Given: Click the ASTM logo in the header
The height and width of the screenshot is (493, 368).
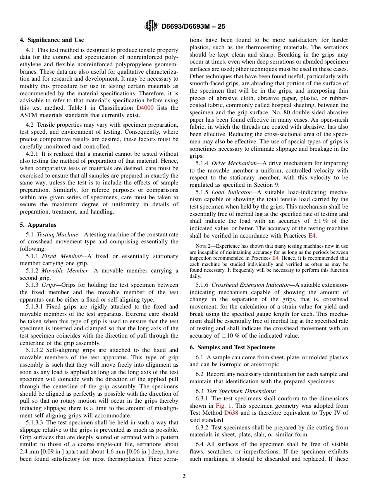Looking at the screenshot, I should [151, 26].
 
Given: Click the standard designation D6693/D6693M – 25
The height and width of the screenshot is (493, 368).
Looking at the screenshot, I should [193, 26].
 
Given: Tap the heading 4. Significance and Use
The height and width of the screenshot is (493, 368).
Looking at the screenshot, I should [52, 40].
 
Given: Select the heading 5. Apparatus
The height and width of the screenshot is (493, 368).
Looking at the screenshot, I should [38, 225].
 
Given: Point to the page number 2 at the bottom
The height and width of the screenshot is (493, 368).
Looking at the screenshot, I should [184, 476].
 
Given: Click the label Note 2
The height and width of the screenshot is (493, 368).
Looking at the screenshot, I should [198, 246].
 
